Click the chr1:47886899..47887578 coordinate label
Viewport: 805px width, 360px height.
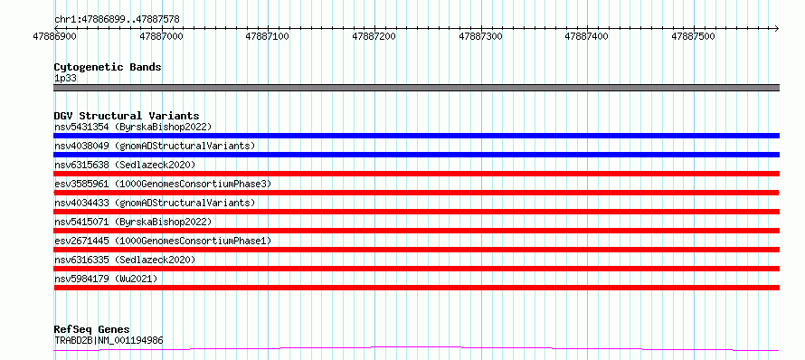(117, 20)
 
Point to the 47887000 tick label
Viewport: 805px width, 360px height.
(161, 36)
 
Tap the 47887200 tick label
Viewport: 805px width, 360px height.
(374, 36)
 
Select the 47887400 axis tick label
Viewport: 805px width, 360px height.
(586, 36)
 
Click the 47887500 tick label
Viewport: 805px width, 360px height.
(693, 36)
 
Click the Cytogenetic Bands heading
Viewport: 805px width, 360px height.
(108, 67)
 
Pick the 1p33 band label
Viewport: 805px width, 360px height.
(65, 79)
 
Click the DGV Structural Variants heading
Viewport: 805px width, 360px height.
(127, 116)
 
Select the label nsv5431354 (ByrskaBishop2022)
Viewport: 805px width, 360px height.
(133, 127)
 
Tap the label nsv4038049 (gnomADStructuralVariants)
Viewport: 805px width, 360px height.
(155, 146)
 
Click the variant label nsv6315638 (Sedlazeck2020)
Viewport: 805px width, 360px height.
(125, 165)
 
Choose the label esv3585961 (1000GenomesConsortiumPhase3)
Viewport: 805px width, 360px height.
(163, 184)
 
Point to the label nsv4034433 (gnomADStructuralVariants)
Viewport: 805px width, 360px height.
(155, 203)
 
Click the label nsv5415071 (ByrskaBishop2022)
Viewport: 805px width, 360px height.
(133, 222)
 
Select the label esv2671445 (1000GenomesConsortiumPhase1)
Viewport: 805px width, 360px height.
(163, 241)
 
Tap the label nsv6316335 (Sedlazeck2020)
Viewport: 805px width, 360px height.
(125, 260)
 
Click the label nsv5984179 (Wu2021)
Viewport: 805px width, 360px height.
(106, 279)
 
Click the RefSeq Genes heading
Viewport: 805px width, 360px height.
(92, 330)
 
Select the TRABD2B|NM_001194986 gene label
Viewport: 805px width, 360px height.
(109, 340)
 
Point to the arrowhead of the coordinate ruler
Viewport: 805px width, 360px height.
(777, 28)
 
